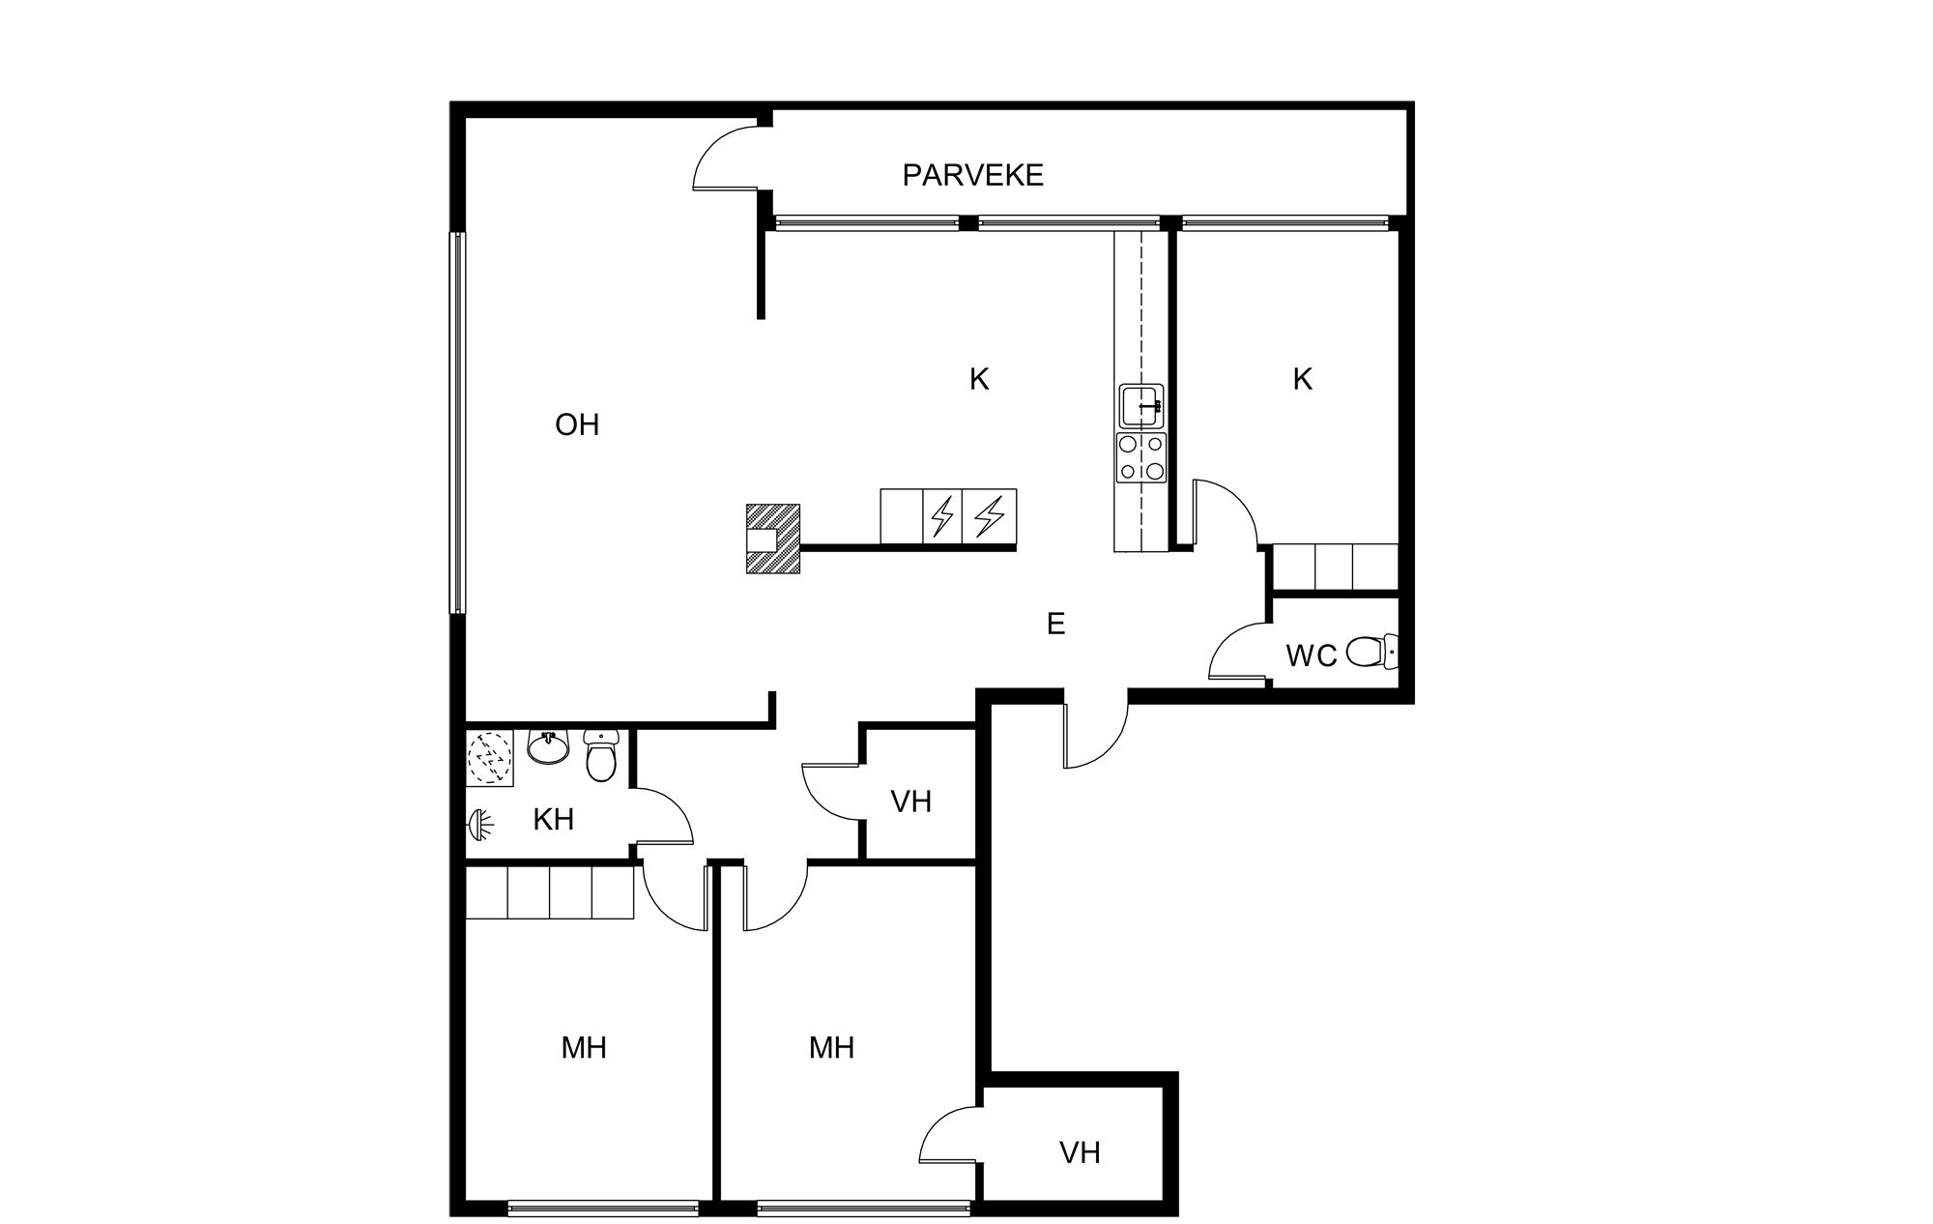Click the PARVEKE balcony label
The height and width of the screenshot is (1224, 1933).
(x=972, y=175)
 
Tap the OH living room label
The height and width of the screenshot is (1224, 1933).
(x=577, y=424)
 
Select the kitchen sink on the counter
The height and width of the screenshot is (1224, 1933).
(x=1141, y=406)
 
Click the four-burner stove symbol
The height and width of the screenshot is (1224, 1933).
(x=1140, y=458)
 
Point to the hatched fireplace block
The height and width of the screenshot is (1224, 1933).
(x=774, y=539)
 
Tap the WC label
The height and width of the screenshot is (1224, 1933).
(x=1311, y=656)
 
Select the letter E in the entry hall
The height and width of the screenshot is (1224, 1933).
(x=1055, y=625)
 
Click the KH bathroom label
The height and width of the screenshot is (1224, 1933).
(x=554, y=820)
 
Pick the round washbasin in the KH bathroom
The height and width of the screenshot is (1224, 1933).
(x=549, y=747)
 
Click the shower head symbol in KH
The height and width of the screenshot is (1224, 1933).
(x=480, y=824)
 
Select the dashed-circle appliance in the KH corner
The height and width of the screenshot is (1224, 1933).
(x=492, y=756)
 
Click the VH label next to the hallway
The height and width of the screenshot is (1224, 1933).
(x=910, y=801)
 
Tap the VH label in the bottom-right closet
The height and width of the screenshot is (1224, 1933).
(x=1080, y=1152)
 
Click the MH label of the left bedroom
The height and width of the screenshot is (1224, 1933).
(x=584, y=1047)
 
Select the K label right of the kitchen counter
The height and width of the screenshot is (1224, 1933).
(x=1302, y=380)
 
